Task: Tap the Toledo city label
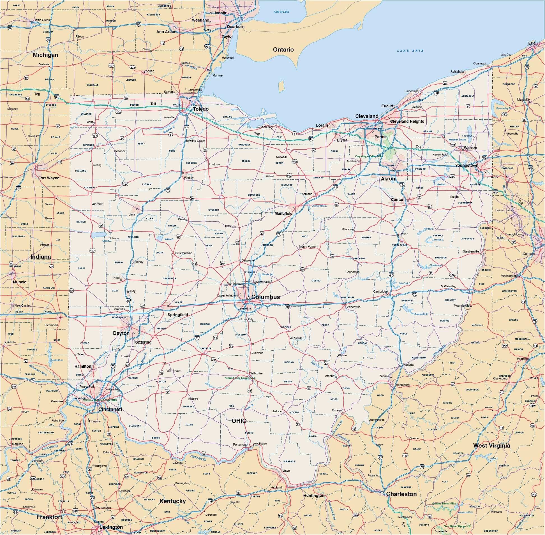200,109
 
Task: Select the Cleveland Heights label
407,121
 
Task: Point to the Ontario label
283,49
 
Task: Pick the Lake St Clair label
281,12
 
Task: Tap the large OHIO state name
239,421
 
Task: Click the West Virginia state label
491,445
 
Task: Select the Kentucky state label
173,501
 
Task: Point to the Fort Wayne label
49,178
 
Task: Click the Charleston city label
401,494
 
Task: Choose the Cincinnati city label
110,409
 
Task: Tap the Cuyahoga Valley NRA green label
369,156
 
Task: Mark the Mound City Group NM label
239,378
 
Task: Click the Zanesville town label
353,307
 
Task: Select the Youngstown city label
466,166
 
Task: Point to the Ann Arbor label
166,32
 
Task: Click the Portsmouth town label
240,444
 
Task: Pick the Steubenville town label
471,251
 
